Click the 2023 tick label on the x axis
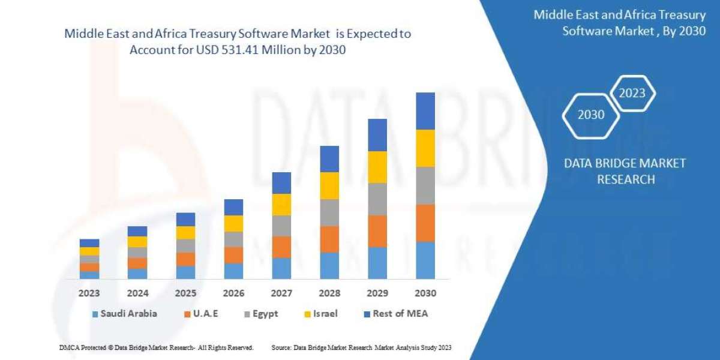(89, 294)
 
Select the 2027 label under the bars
(281, 294)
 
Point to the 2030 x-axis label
(425, 294)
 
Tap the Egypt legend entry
(261, 314)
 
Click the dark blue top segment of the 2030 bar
(425, 111)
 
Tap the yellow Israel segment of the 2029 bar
(377, 167)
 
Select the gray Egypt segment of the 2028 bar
(329, 212)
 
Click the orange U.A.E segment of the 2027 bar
(281, 247)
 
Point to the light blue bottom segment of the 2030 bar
(425, 260)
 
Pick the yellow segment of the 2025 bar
(185, 233)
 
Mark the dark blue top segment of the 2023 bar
(89, 243)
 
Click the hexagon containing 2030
(591, 115)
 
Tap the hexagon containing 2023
(632, 93)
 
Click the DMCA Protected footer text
(155, 347)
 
